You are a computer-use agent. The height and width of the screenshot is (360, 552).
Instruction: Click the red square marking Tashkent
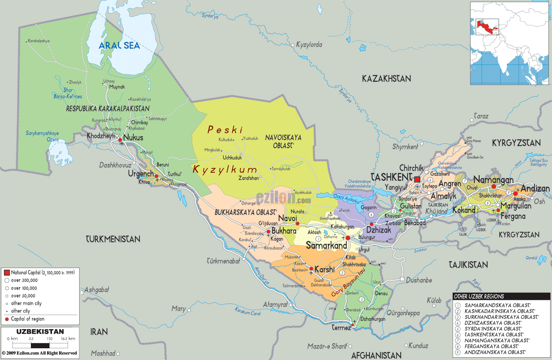click(x=417, y=179)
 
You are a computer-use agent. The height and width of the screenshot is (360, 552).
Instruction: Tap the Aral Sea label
click(x=119, y=46)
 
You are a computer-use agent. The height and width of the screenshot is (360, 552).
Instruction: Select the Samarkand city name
click(x=326, y=245)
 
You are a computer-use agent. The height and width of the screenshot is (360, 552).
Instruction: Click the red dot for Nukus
click(x=120, y=140)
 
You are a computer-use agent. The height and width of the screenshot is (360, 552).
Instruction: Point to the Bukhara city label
click(x=284, y=231)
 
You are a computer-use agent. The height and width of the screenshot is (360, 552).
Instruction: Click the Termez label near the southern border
click(x=341, y=328)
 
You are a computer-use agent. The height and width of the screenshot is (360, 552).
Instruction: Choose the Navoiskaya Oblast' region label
click(x=283, y=141)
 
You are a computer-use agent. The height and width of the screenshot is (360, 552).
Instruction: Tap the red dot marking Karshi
click(x=311, y=269)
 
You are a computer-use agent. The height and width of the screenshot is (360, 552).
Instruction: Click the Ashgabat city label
click(x=97, y=290)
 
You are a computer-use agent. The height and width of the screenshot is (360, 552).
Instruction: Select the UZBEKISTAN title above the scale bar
click(x=40, y=331)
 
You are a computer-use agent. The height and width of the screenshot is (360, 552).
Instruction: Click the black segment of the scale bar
click(x=40, y=346)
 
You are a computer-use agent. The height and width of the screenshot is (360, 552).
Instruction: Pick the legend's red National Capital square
click(x=7, y=272)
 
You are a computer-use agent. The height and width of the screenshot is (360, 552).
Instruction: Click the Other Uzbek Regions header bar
click(x=501, y=296)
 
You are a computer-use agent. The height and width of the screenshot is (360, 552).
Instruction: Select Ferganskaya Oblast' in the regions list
click(x=492, y=346)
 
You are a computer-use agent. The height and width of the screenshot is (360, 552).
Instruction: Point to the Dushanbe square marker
click(x=402, y=279)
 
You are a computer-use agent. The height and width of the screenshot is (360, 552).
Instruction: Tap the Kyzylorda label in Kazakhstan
click(x=309, y=45)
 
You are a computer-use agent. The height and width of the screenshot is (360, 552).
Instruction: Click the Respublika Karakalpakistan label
click(x=108, y=109)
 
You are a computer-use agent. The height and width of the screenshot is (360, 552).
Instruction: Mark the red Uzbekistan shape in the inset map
click(x=487, y=27)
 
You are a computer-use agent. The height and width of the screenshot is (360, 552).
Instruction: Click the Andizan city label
click(x=535, y=188)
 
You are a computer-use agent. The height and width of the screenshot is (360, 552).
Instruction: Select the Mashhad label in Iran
click(x=103, y=353)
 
